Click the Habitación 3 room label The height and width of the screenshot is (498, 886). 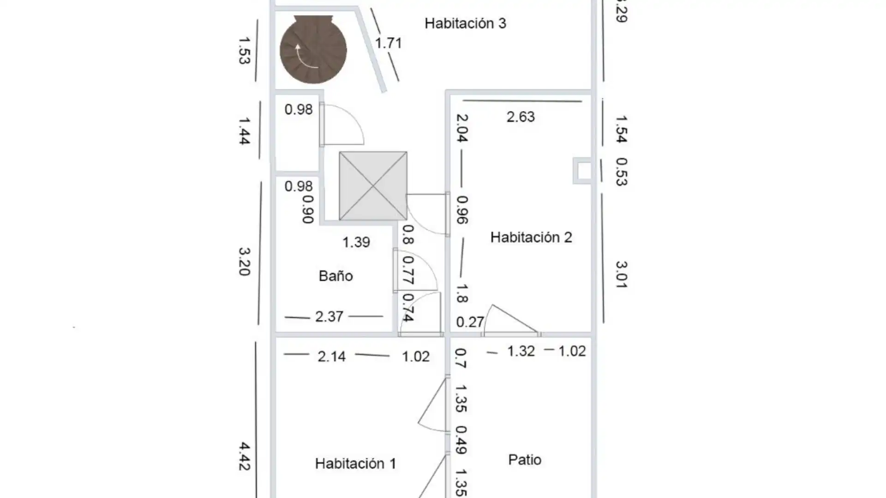(x=465, y=24)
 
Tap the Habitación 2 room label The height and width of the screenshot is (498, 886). (x=531, y=237)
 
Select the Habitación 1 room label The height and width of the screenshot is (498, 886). (x=355, y=463)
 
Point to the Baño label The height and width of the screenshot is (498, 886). (x=336, y=276)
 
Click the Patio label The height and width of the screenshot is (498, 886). (x=525, y=460)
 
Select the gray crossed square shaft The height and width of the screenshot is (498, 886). (x=373, y=186)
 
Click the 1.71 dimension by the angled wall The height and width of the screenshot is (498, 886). (x=389, y=43)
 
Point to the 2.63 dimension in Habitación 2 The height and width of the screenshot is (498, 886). (x=521, y=117)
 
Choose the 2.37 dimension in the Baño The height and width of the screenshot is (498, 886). (x=329, y=317)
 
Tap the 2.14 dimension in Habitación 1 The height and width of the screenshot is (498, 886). (x=332, y=356)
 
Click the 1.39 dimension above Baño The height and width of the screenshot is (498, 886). (x=356, y=243)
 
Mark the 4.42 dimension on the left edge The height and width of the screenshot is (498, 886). (x=244, y=456)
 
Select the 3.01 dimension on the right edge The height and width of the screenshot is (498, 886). (x=621, y=274)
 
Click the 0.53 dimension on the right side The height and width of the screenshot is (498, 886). (x=622, y=172)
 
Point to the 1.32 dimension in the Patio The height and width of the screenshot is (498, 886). (x=521, y=351)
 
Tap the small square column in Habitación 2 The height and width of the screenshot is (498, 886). (x=582, y=171)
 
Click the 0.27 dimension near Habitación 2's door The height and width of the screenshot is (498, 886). (x=470, y=322)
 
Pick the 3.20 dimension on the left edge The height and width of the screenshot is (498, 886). (x=244, y=261)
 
